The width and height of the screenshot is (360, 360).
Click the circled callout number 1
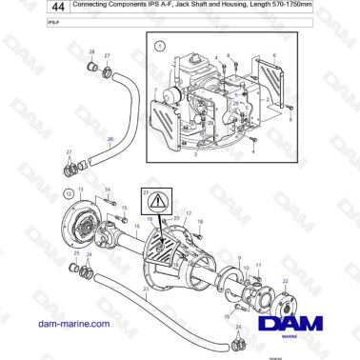point(160,44)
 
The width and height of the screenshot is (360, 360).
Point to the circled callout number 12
point(68,194)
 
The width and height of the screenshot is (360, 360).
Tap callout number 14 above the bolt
point(107,190)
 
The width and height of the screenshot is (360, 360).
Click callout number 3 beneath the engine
point(196,152)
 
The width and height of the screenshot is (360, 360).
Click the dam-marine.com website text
point(59,325)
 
